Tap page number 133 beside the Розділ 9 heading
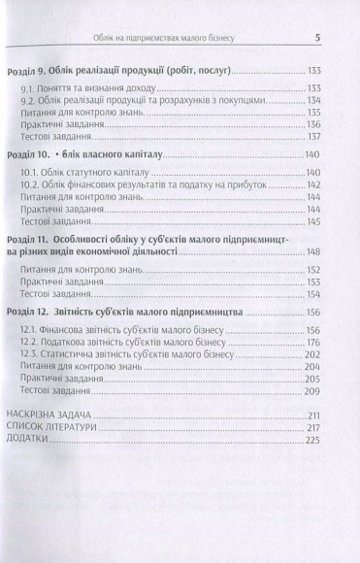[x=313, y=72]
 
